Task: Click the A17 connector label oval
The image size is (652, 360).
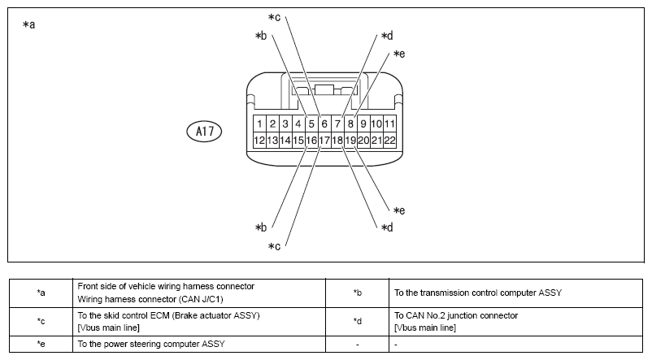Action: pyautogui.click(x=204, y=132)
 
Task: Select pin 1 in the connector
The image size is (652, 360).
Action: pyautogui.click(x=259, y=124)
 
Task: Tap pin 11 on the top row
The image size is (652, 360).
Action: pyautogui.click(x=389, y=124)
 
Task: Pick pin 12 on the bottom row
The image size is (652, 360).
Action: pyautogui.click(x=259, y=140)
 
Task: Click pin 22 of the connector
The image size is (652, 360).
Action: pyautogui.click(x=389, y=140)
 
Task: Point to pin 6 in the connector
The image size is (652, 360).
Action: pyautogui.click(x=324, y=124)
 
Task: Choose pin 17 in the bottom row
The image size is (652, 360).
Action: pyautogui.click(x=324, y=140)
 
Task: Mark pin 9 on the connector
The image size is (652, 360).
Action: pyautogui.click(x=363, y=124)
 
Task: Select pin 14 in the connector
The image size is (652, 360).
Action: pyautogui.click(x=285, y=140)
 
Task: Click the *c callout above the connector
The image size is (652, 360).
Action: pyautogui.click(x=275, y=17)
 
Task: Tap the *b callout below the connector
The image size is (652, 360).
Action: pyautogui.click(x=261, y=228)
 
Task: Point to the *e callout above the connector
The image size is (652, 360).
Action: pyautogui.click(x=399, y=54)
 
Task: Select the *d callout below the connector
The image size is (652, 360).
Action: pyautogui.click(x=387, y=228)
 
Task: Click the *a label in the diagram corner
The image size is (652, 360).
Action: pyautogui.click(x=29, y=24)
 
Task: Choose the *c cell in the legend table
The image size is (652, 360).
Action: pyautogui.click(x=41, y=321)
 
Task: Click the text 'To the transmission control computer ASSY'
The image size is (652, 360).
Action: pyautogui.click(x=478, y=293)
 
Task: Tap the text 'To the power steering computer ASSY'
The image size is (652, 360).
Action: pyautogui.click(x=151, y=345)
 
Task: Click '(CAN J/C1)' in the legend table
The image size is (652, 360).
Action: pyautogui.click(x=201, y=299)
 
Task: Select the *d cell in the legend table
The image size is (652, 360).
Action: pyautogui.click(x=357, y=321)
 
